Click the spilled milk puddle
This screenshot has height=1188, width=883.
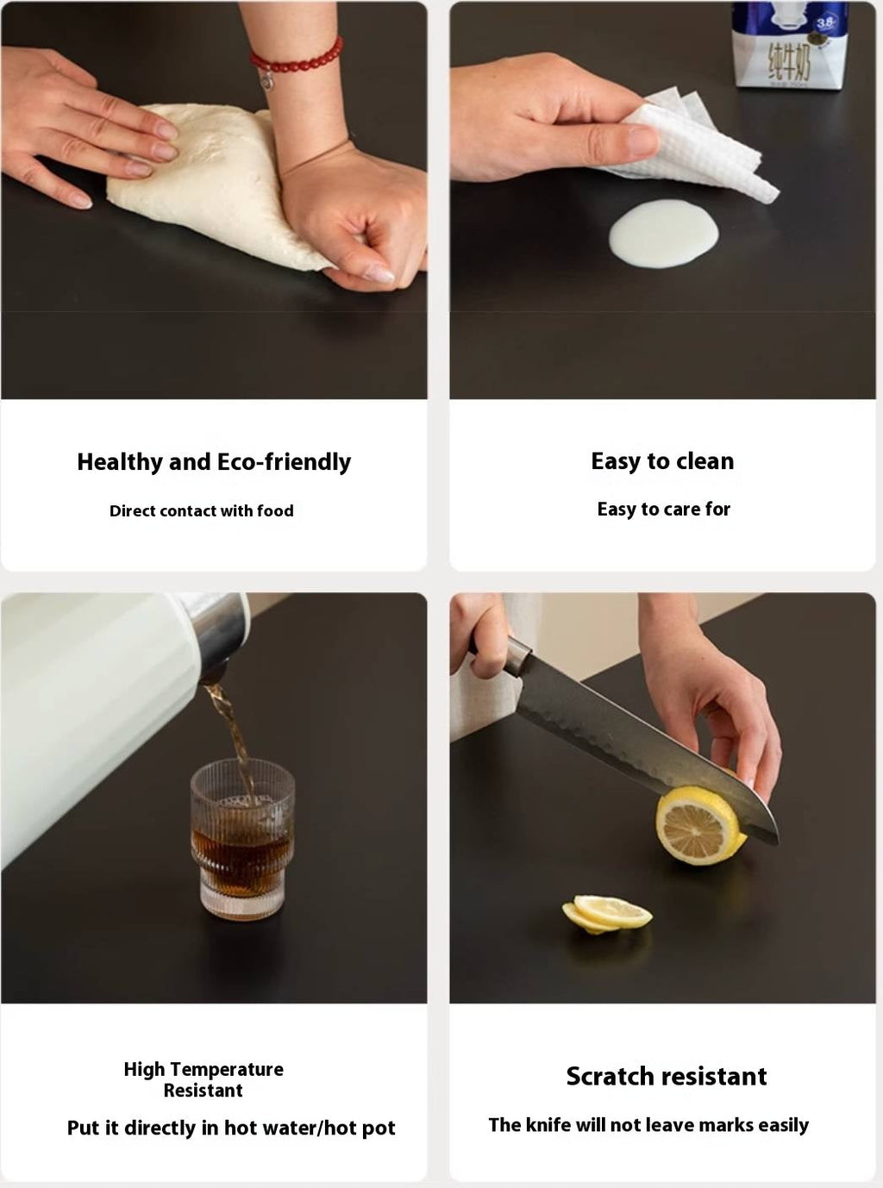[x=664, y=233]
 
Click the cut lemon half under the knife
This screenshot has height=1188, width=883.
[x=699, y=825]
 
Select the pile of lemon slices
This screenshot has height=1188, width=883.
[x=606, y=915]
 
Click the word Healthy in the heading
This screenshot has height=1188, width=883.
[x=120, y=462]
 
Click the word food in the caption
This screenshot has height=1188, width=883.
[x=275, y=511]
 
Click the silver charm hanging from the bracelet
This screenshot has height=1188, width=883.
[x=266, y=81]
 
